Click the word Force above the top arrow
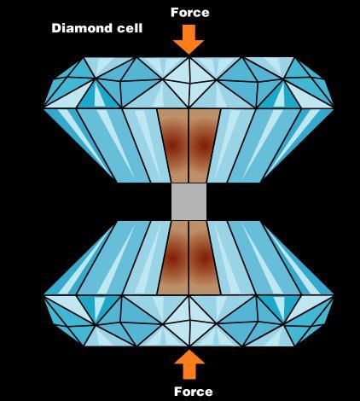190,13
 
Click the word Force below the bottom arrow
194,392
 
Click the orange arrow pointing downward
189,39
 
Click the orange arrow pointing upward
189,364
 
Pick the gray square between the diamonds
189,201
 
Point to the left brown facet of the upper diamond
173,145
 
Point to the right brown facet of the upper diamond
204,145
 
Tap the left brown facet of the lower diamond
173,258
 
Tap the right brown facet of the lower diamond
204,258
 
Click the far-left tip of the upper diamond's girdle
44,108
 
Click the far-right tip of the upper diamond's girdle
334,108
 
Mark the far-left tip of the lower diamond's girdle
44,295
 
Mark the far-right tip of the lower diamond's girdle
334,295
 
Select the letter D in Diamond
55,28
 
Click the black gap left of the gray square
142,201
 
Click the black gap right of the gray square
236,201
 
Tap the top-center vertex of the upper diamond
189,58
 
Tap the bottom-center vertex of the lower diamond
189,346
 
